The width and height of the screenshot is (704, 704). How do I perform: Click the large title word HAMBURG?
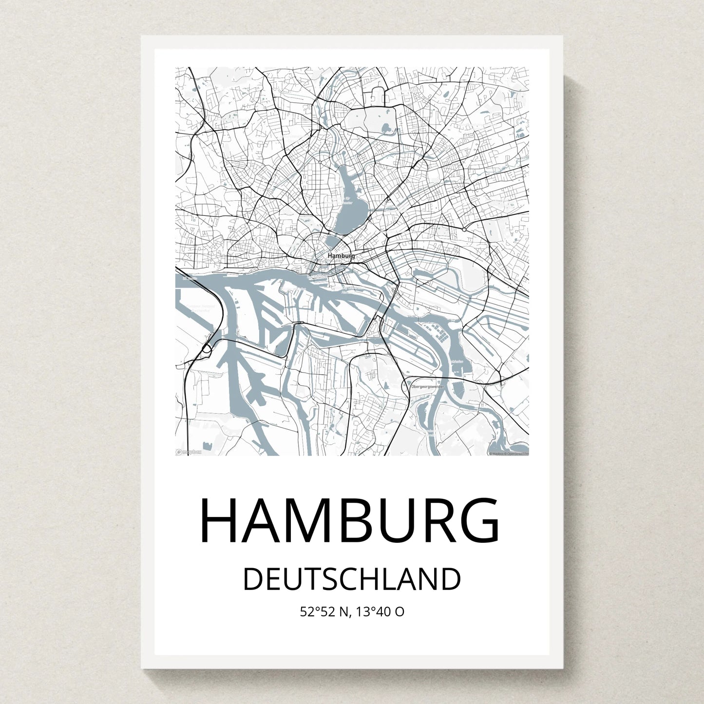tap(349, 520)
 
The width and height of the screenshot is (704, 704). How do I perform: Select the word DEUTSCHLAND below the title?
tap(352, 579)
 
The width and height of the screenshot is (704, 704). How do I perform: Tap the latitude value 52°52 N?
tap(324, 611)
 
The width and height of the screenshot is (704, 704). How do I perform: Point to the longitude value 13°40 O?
tap(380, 611)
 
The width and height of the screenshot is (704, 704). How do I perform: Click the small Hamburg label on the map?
tap(341, 255)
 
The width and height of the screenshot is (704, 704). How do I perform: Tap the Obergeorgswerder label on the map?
tap(427, 386)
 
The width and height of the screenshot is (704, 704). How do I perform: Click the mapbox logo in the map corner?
tap(189, 452)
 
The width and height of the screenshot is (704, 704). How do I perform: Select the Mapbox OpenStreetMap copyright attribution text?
tap(509, 453)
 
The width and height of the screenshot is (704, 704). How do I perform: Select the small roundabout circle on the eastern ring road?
tap(464, 229)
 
